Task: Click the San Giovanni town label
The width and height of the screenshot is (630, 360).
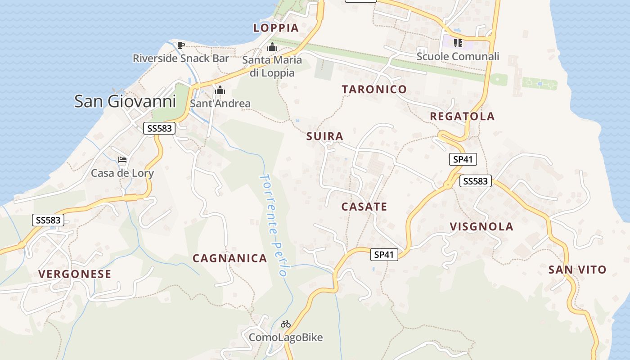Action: tap(125, 101)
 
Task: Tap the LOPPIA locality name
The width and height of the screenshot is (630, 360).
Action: tap(276, 28)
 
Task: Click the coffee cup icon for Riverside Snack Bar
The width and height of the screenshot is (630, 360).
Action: tap(180, 45)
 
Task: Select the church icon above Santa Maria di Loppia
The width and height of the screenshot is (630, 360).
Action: tap(272, 47)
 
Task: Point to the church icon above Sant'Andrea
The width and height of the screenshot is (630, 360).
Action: tap(220, 90)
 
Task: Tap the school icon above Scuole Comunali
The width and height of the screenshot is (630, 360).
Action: tap(458, 43)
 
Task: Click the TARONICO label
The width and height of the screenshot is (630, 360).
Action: tap(374, 89)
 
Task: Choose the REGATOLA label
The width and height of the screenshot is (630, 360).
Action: tap(462, 117)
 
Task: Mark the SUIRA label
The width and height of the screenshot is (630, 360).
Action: tap(324, 136)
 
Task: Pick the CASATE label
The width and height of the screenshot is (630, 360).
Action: tap(364, 207)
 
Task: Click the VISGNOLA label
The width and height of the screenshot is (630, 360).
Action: tap(481, 226)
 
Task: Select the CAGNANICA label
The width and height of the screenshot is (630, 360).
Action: tap(230, 258)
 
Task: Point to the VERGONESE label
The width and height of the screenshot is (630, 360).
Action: tap(75, 274)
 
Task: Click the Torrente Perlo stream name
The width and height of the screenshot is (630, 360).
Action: tap(273, 225)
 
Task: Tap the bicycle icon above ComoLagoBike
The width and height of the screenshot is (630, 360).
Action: tap(286, 324)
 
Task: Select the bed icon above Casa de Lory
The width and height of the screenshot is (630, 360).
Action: tap(122, 160)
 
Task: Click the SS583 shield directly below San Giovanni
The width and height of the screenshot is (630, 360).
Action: tap(159, 128)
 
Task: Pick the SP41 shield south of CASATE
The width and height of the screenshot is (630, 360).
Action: tap(384, 255)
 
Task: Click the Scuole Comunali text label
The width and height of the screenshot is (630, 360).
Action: tap(458, 57)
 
